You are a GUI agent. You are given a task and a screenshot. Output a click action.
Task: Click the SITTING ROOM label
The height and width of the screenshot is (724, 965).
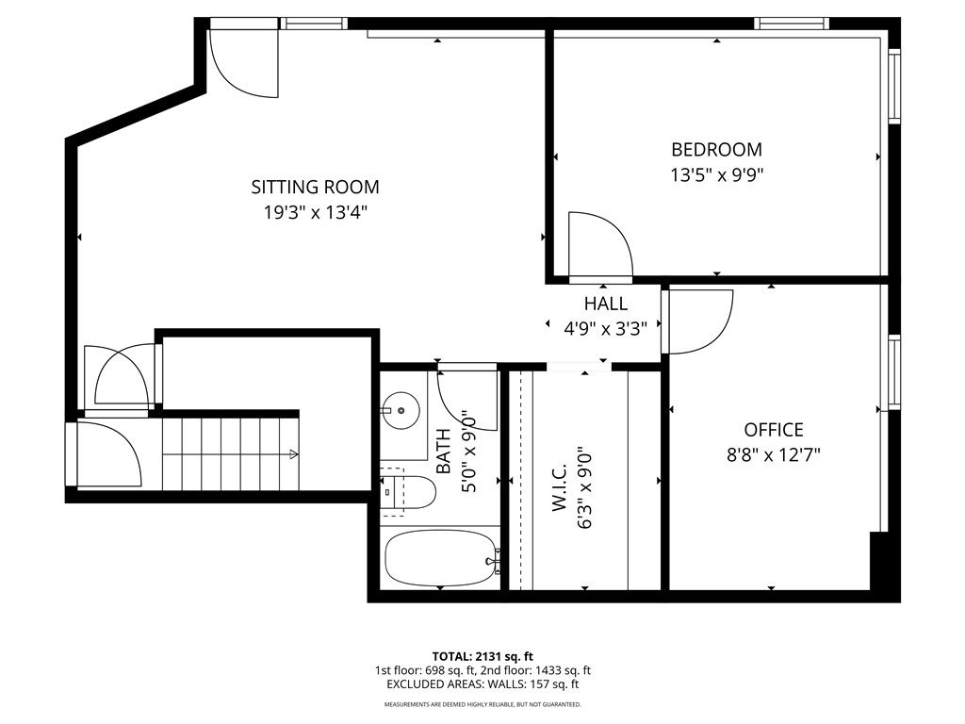315,187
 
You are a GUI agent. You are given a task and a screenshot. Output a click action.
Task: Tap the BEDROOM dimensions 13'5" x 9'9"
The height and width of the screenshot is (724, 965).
716,174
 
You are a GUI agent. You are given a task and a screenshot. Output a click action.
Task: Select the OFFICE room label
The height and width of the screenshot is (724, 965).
773,430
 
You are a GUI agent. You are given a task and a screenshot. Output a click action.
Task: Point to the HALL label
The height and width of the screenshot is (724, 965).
605,304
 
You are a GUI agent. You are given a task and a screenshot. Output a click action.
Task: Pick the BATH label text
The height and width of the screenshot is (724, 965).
444,452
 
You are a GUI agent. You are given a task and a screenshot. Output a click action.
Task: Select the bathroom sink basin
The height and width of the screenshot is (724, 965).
403,410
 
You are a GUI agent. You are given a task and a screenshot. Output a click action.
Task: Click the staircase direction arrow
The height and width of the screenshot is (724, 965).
292,455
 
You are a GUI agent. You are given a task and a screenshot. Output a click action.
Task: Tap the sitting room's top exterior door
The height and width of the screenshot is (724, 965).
242,58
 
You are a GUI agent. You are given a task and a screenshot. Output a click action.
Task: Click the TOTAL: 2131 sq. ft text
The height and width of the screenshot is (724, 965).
482,656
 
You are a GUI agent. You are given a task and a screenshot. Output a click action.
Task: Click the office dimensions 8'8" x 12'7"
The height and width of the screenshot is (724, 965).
773,453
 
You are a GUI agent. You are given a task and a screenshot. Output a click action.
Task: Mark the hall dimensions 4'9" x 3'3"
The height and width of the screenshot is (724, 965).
605,329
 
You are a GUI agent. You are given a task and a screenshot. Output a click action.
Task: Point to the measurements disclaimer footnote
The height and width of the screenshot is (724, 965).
482,704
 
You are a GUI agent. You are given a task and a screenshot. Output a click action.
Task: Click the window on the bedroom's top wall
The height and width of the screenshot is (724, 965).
792,23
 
